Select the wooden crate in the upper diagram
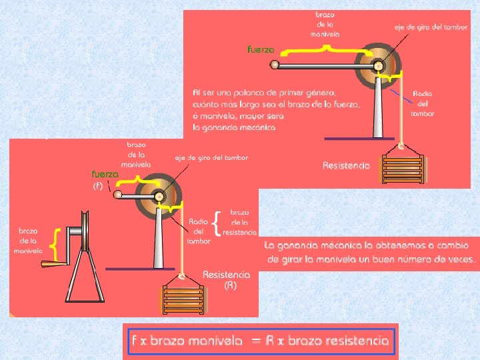(402, 169)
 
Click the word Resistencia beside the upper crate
(346, 165)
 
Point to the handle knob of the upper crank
(274, 65)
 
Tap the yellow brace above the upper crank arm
(325, 47)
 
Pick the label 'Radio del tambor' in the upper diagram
(423, 103)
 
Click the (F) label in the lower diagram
(97, 187)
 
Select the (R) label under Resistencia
(230, 285)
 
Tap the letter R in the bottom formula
(269, 341)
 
